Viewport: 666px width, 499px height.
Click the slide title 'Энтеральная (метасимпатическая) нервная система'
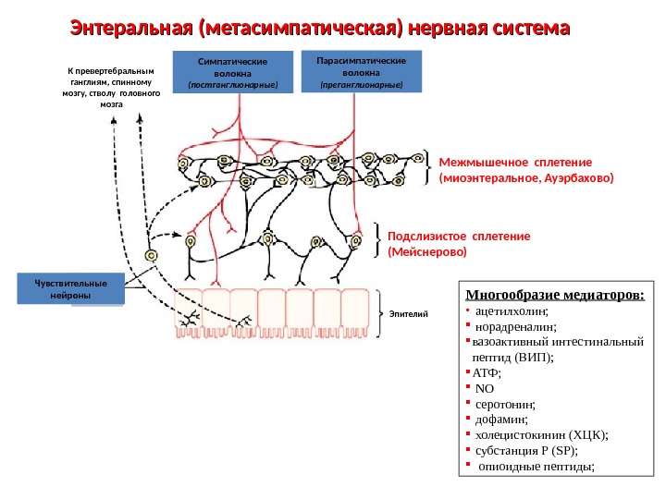pyautogui.click(x=320, y=30)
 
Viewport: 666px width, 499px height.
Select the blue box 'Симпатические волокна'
pyautogui.click(x=239, y=72)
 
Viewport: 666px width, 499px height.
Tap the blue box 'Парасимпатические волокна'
pyautogui.click(x=361, y=71)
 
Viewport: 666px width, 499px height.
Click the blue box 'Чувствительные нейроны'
pyautogui.click(x=70, y=288)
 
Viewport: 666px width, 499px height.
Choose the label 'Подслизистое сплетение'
pyautogui.click(x=459, y=236)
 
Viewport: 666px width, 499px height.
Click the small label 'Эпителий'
pyautogui.click(x=415, y=314)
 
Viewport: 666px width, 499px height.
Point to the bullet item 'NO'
pyautogui.click(x=488, y=388)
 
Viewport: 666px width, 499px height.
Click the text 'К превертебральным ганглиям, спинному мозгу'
pyautogui.click(x=111, y=87)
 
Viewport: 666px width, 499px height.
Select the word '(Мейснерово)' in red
pyautogui.click(x=427, y=251)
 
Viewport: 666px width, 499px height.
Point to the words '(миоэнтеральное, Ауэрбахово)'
pyautogui.click(x=526, y=176)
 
